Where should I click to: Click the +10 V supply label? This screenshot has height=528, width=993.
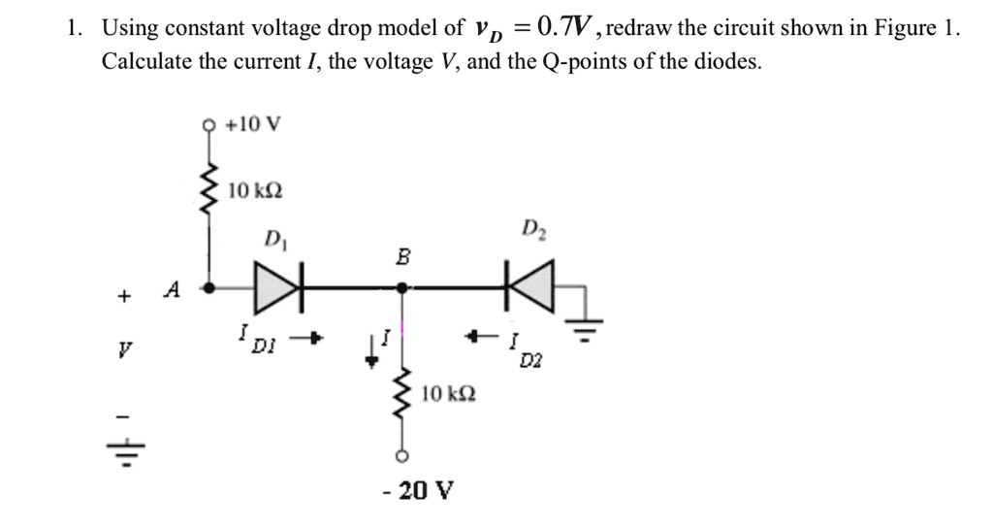click(x=252, y=124)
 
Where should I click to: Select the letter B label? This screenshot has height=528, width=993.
click(x=403, y=258)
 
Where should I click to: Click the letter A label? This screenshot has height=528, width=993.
click(x=173, y=288)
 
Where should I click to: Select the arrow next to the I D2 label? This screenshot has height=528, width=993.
click(x=475, y=338)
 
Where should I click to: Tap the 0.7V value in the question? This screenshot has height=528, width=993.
click(x=574, y=27)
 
